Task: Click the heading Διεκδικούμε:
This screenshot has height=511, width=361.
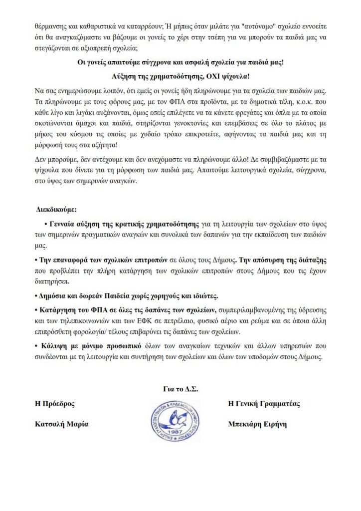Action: coord(57,209)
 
